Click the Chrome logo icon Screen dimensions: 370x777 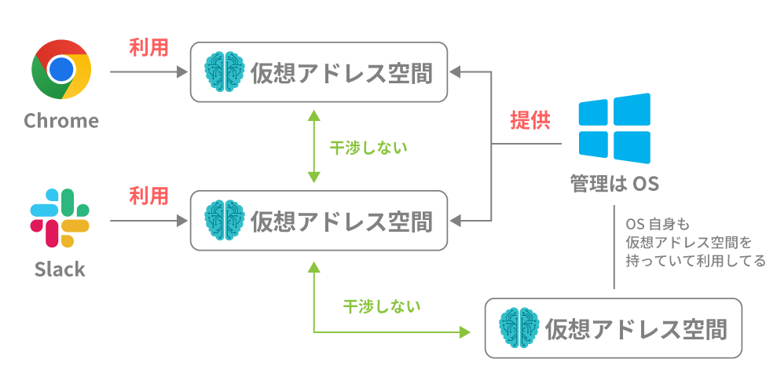point(60,70)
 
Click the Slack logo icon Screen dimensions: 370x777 point(60,218)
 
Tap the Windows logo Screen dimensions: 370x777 point(614,128)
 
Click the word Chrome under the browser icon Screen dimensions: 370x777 point(61,121)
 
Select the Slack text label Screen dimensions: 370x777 point(60,269)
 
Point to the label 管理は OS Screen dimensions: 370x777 point(614,184)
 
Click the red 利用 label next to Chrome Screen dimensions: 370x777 point(148,46)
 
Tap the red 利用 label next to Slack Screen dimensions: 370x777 point(148,195)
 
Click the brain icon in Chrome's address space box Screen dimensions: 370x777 point(223,72)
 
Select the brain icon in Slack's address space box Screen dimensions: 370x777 point(223,220)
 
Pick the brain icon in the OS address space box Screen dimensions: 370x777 point(519,328)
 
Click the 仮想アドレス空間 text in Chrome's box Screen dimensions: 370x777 point(342,73)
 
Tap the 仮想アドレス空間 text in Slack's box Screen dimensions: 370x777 point(342,222)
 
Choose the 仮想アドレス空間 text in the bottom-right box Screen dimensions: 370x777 point(636,328)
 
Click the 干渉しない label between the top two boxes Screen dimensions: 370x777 point(368,148)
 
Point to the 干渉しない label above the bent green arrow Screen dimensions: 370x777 point(382,306)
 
